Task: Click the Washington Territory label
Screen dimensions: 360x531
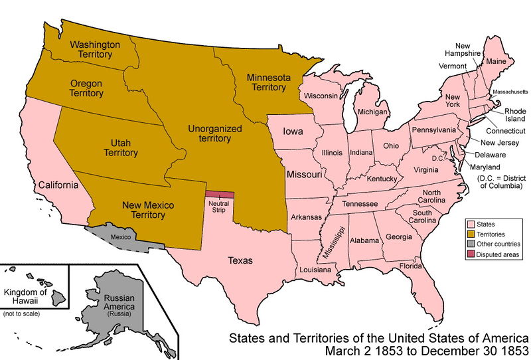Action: click(95, 50)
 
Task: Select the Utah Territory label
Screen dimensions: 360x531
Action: click(120, 147)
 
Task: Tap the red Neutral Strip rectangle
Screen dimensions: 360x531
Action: click(220, 195)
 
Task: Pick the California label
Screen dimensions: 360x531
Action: click(59, 185)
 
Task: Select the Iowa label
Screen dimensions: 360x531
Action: click(293, 132)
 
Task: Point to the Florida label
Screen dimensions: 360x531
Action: click(410, 266)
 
